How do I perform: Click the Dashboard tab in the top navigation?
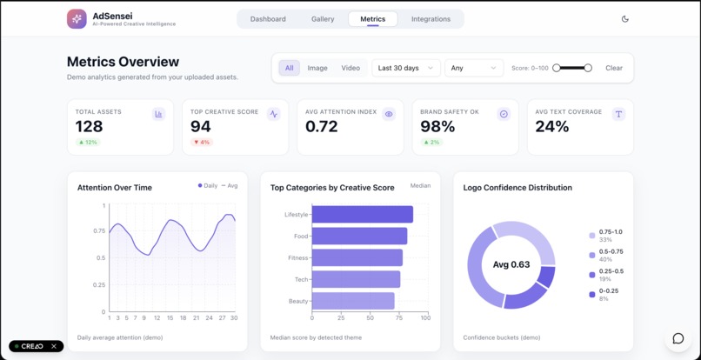point(268,19)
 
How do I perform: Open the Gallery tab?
point(323,19)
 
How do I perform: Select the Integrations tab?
point(431,19)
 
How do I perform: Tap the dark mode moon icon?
point(625,19)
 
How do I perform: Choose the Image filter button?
point(317,68)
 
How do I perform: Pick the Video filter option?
point(350,68)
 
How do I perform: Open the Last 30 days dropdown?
point(405,68)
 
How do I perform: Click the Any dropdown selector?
point(473,68)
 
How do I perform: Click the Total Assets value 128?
point(90,126)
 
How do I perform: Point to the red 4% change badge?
point(202,142)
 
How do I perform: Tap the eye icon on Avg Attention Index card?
point(389,114)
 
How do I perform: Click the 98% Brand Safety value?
point(437,126)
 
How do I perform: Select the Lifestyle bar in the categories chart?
point(362,214)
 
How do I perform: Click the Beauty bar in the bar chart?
point(353,301)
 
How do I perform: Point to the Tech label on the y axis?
point(300,279)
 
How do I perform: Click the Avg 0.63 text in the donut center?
point(511,264)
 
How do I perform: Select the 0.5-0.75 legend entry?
point(611,255)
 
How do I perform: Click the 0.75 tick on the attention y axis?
point(100,231)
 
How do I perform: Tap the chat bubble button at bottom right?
point(678,338)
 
